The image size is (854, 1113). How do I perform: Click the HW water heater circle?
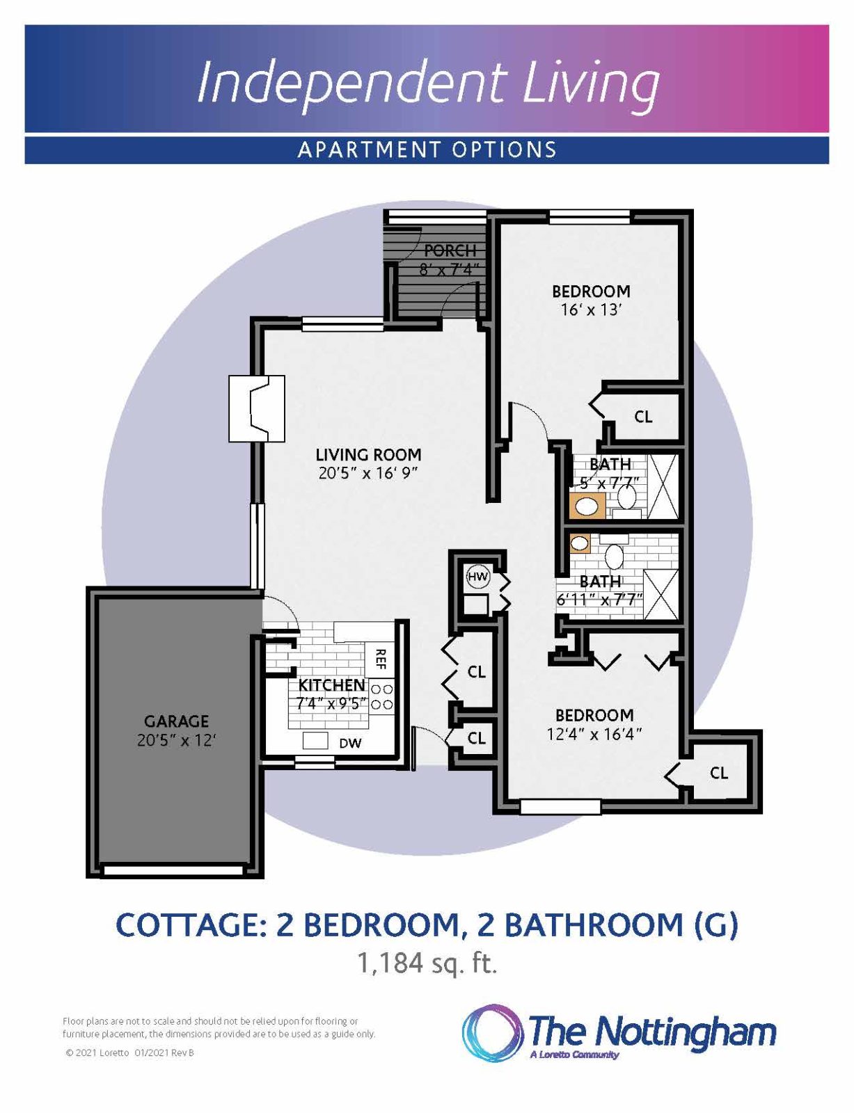[x=477, y=577]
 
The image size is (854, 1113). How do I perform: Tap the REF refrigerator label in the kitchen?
[x=380, y=658]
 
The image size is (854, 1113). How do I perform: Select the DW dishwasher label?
[x=350, y=744]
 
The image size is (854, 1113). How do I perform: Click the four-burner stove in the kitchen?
[x=381, y=696]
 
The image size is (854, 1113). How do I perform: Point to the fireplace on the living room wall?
[x=257, y=408]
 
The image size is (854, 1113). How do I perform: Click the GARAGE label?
[x=176, y=721]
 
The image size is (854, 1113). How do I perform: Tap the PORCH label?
[x=450, y=250]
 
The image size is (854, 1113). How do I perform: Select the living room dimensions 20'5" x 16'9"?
[x=368, y=474]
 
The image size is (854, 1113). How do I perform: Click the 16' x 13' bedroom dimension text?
[x=591, y=310]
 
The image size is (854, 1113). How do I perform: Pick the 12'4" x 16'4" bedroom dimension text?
[x=594, y=734]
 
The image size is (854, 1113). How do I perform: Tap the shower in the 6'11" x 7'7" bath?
[x=661, y=595]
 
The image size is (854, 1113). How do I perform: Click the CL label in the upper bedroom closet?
[x=643, y=417]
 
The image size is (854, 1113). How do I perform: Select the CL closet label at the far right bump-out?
[x=718, y=773]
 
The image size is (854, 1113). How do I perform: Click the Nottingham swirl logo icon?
[x=492, y=1033]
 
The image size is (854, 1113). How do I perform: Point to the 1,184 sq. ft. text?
[x=427, y=963]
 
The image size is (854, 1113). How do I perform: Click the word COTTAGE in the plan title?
[x=191, y=925]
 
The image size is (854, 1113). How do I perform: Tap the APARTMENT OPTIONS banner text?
[x=427, y=150]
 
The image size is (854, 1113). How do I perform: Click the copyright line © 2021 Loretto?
[x=129, y=1053]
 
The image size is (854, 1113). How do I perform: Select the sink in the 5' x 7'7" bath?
[x=587, y=506]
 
